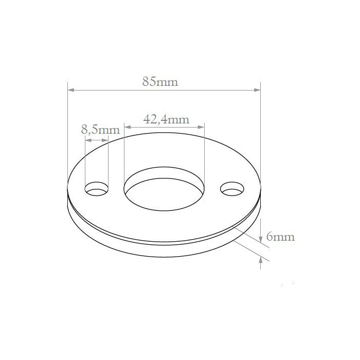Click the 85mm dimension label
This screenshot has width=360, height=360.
(160, 81)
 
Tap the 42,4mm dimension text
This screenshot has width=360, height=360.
(166, 119)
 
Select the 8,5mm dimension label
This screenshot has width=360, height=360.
(100, 130)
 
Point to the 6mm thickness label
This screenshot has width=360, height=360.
(280, 237)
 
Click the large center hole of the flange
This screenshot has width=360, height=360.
(164, 189)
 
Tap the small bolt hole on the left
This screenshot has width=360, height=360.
(97, 189)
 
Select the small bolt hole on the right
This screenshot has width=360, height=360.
(232, 189)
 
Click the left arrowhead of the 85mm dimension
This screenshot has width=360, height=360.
(71, 90)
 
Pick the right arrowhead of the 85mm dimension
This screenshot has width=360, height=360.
(257, 90)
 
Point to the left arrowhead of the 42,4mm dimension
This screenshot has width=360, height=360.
(128, 127)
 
